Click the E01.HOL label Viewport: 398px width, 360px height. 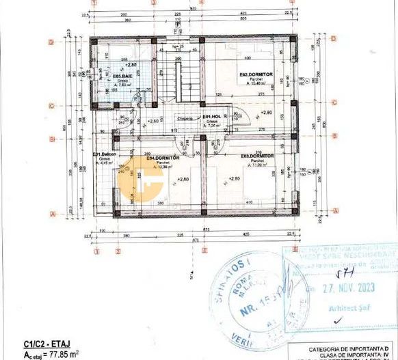pos(211,117)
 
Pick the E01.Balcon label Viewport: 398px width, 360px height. pos(105,155)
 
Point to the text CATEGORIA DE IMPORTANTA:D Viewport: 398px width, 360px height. pos(352,349)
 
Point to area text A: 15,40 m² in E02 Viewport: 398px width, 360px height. pos(257,83)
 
